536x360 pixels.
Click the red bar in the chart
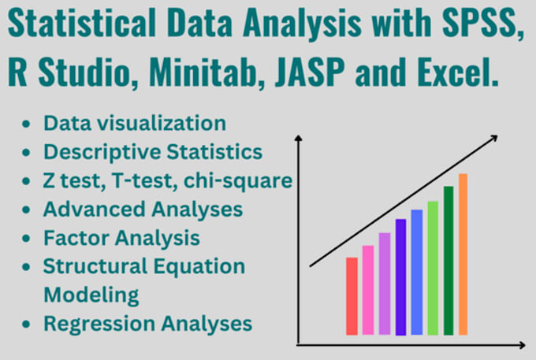[352, 296]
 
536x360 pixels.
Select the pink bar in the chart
[367, 290]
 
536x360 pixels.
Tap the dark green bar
[449, 261]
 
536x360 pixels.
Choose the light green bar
[433, 268]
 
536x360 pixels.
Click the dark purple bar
[400, 276]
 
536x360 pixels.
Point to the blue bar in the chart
[416, 272]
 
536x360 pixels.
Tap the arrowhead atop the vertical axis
[299, 140]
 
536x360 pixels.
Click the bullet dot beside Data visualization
[28, 124]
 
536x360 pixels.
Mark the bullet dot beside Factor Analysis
[28, 238]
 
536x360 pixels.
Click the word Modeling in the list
[91, 295]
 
